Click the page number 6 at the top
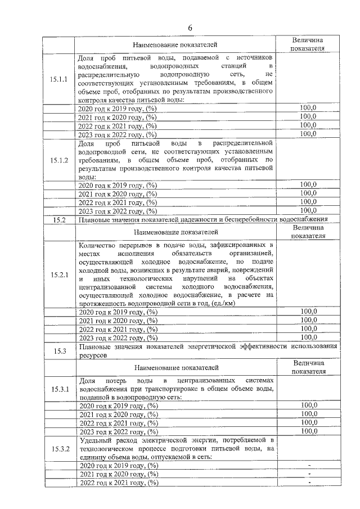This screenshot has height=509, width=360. coord(190,28)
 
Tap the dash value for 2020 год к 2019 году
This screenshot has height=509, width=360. coord(309,466)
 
